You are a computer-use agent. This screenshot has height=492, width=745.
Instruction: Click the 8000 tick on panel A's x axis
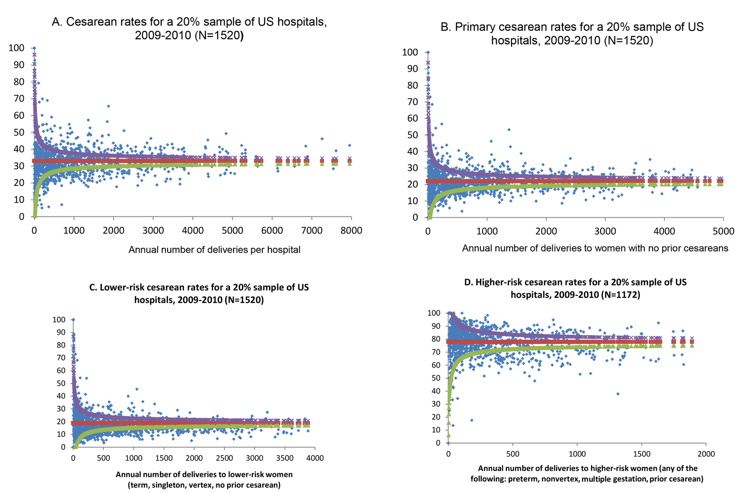(351, 231)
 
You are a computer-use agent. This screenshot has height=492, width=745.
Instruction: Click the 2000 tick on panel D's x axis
(706, 454)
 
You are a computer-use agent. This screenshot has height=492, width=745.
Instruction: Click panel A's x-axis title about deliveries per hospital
(214, 250)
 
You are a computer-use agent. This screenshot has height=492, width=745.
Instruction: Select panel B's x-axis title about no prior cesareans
(595, 248)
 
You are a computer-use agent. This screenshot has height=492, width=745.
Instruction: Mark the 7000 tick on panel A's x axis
(311, 231)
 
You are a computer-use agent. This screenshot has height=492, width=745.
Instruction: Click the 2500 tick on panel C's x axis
(224, 458)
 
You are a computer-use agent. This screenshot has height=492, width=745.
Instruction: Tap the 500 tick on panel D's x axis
(513, 454)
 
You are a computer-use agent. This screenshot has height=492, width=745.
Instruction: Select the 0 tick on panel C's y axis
(63, 447)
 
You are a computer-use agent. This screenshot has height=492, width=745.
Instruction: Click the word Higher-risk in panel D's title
(499, 282)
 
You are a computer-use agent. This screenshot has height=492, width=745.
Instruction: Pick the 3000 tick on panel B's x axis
(605, 231)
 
